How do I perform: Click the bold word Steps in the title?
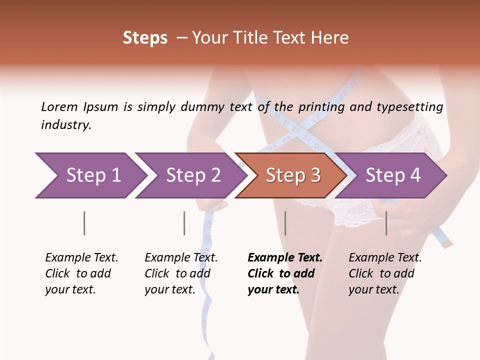coord(145,38)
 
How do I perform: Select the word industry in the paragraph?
coord(66,125)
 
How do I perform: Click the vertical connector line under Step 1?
coord(84,223)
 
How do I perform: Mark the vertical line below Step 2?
coord(184,223)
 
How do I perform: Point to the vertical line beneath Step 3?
coord(285,223)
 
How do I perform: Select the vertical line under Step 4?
coord(386,223)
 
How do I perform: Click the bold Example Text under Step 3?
coord(285,258)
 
